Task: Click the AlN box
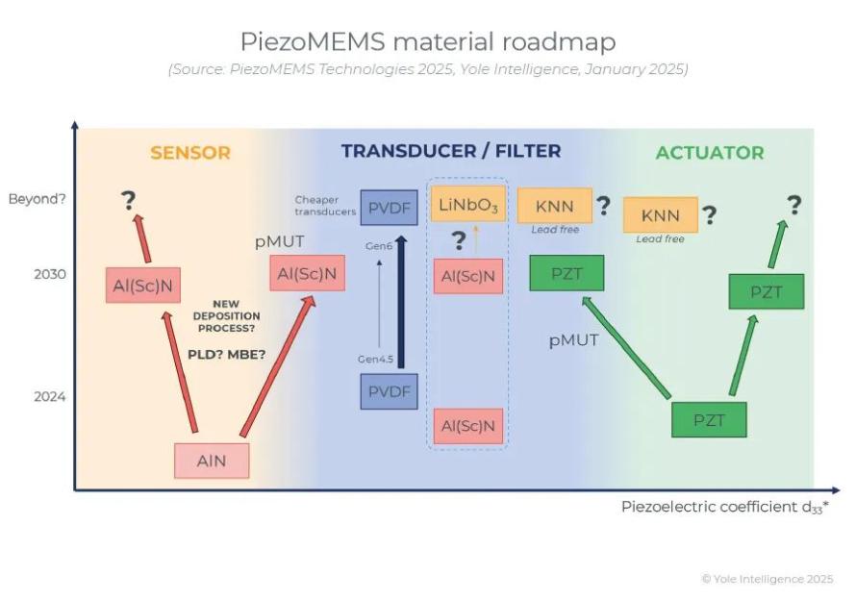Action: coord(212,461)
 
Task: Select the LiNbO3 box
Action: coord(468,205)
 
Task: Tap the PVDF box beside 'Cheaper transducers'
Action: coord(389,207)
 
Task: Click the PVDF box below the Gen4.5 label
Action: coord(389,391)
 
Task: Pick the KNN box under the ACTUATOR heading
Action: coord(661,214)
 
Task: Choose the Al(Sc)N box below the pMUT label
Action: coord(307,274)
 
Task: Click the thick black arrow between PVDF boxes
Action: coord(401,303)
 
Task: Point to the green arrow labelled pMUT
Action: coord(625,346)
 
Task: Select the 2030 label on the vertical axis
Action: coord(49,274)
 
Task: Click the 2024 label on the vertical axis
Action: coord(49,396)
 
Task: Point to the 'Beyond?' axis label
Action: coord(37,200)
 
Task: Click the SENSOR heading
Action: coord(190,153)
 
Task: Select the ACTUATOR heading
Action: coord(710,153)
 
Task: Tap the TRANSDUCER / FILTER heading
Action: coord(450,151)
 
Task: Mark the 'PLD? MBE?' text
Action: coord(226,354)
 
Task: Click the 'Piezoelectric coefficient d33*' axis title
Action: coord(724,507)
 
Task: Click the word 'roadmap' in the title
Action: coord(559,42)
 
